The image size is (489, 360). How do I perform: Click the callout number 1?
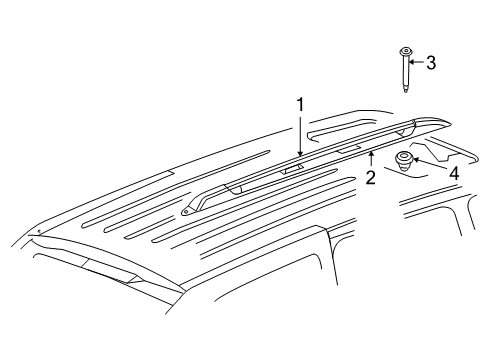(298, 105)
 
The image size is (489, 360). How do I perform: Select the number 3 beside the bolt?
(431, 63)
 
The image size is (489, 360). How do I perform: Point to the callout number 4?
(453, 173)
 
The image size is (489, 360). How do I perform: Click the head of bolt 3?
(408, 52)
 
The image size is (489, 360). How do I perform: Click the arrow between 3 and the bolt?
(418, 63)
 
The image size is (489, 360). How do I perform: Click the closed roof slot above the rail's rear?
(340, 129)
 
